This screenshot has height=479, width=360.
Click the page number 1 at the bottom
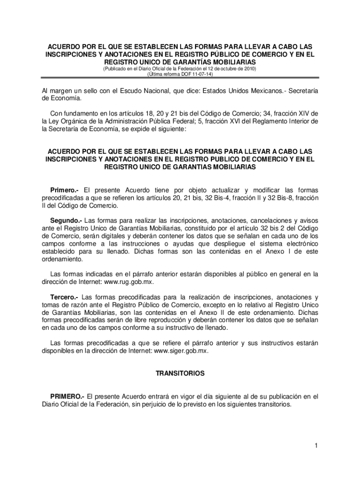tap(317, 445)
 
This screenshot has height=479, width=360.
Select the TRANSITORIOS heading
tap(180, 374)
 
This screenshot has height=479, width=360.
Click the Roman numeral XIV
tap(304, 114)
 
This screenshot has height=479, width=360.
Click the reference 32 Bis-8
tap(288, 198)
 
